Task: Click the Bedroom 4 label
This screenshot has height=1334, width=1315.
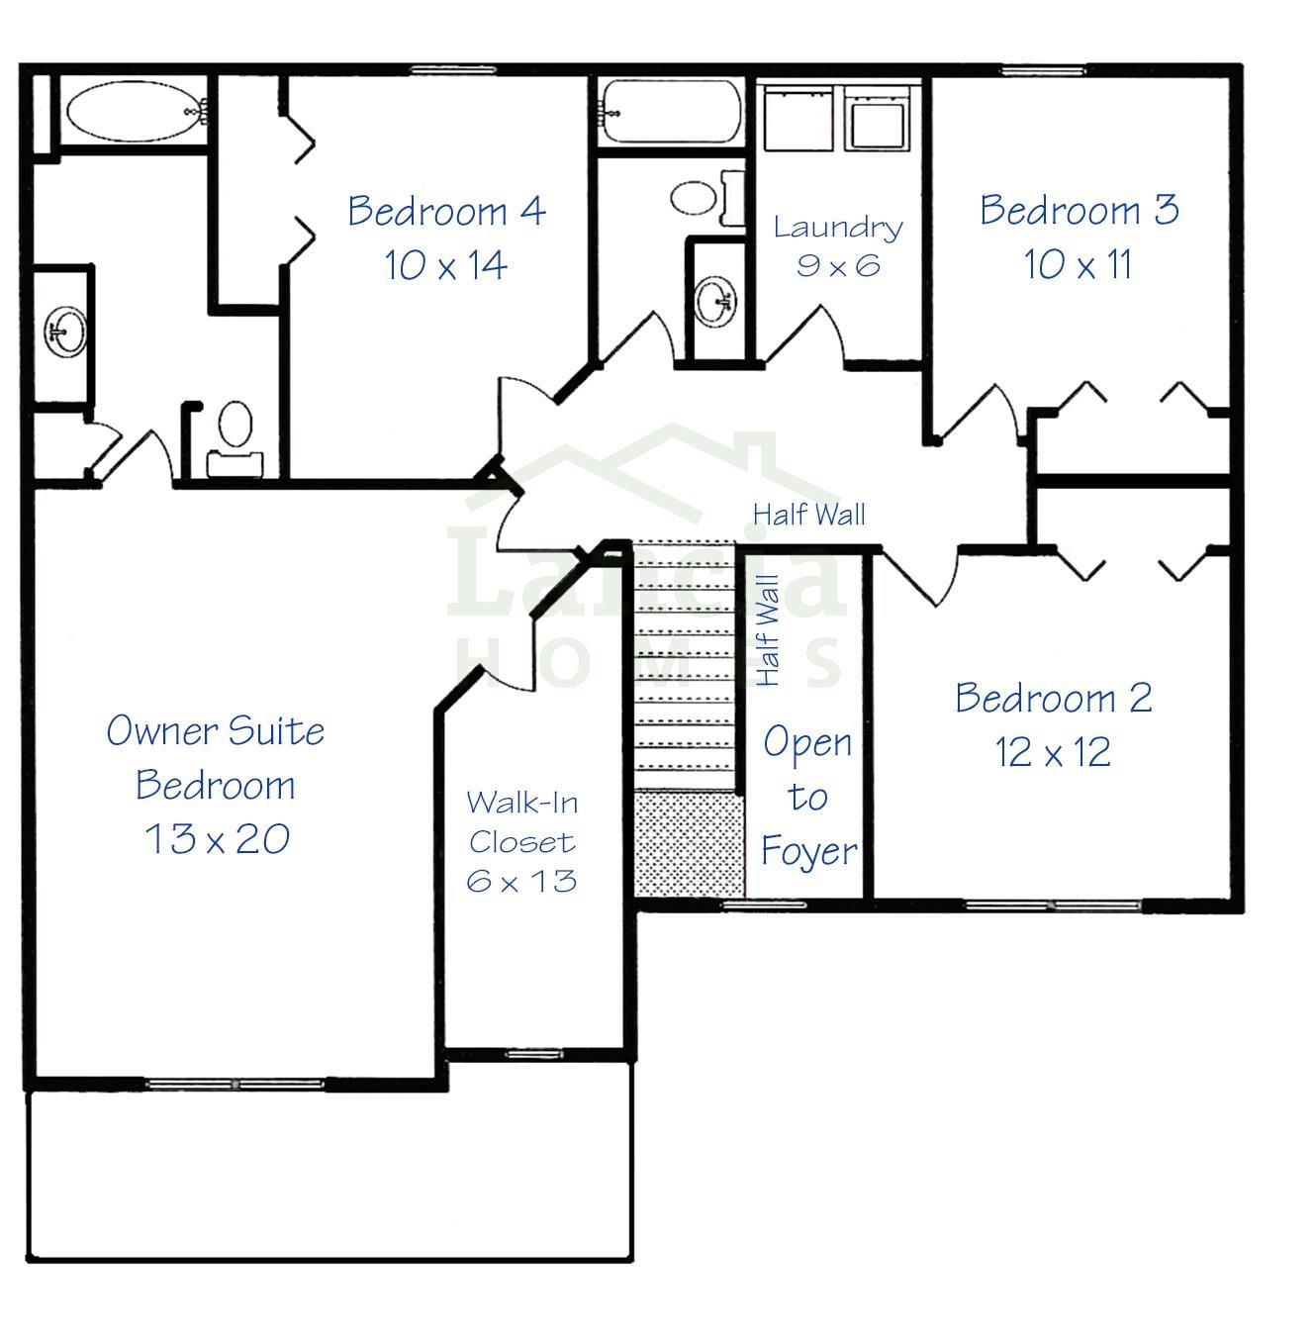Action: pos(446,211)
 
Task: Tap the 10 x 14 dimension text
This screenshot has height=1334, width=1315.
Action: pos(446,265)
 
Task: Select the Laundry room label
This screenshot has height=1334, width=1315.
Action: pos(838,228)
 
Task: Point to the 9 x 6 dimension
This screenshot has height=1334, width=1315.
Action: pos(838,265)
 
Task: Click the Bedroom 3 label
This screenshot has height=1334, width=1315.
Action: pos(1079,210)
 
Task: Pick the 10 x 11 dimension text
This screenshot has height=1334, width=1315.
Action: pos(1078,264)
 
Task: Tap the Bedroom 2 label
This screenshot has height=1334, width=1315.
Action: pos(1053,698)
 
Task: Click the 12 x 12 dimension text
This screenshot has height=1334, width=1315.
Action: pos(1053,752)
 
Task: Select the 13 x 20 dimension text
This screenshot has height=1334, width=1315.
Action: pos(217,839)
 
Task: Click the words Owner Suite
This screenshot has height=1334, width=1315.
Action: pos(216,731)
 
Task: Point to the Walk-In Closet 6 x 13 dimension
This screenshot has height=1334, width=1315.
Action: pos(521,882)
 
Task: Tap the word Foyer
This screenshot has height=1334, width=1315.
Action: pos(808,851)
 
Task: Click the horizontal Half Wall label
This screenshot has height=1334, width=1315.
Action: pos(808,515)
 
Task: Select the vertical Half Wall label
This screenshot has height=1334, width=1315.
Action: pos(768,630)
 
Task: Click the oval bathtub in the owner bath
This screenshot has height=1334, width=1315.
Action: pos(134,111)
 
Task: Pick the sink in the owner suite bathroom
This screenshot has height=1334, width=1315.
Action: pos(64,333)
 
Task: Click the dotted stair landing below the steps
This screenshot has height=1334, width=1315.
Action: pos(689,844)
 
